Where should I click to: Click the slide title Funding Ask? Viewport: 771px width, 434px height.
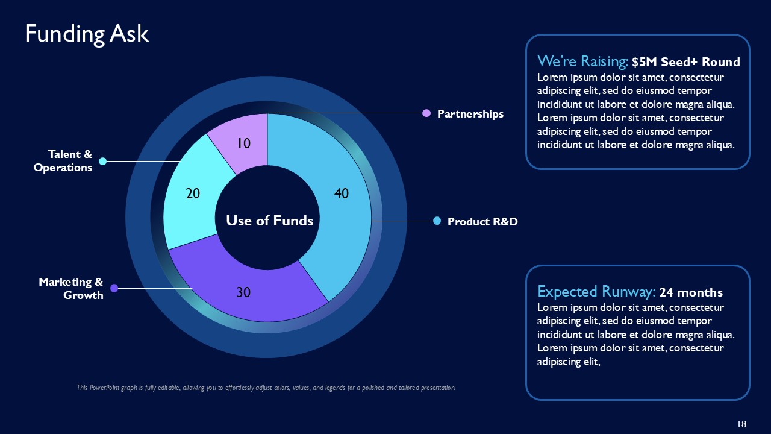[x=87, y=34]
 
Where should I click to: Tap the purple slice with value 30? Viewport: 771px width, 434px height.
[x=253, y=289]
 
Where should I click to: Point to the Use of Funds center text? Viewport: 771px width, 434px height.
[x=269, y=221]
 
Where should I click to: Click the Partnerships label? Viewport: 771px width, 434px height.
[x=470, y=113]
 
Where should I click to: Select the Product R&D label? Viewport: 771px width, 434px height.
[x=482, y=222]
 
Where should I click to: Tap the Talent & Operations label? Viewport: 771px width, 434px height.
[x=63, y=161]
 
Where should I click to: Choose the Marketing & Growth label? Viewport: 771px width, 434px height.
[x=71, y=288]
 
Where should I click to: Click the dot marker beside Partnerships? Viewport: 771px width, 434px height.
[x=426, y=113]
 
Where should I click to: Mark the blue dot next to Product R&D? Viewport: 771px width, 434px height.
[x=437, y=221]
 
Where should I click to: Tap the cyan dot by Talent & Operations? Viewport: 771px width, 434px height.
[x=102, y=161]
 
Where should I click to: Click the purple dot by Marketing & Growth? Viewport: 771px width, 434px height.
[x=114, y=288]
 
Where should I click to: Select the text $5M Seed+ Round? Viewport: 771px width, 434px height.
[x=686, y=62]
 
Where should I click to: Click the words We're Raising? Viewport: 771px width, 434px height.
[x=582, y=61]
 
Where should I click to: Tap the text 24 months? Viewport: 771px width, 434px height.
[x=691, y=293]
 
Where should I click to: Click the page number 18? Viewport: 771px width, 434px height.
[x=741, y=424]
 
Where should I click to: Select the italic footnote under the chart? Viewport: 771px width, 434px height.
[x=266, y=388]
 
